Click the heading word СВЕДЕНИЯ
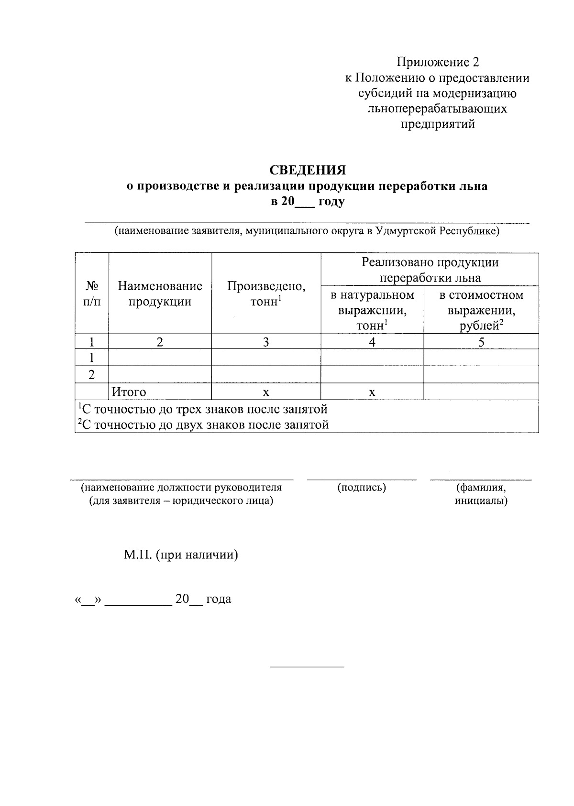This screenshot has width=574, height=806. click(x=307, y=170)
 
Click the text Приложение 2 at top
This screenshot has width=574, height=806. click(x=437, y=62)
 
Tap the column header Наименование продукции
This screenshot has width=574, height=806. click(x=160, y=294)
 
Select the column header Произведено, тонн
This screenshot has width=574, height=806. click(x=266, y=294)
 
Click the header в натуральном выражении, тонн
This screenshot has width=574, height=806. click(x=372, y=310)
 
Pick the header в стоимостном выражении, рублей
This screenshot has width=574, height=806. click(x=481, y=310)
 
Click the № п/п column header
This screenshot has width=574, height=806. click(x=92, y=294)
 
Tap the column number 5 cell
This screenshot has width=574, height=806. click(x=481, y=342)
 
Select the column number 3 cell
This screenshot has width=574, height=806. click(x=266, y=342)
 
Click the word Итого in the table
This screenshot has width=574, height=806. click(x=129, y=392)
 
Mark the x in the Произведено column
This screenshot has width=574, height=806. click(x=266, y=392)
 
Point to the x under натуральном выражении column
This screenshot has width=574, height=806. click(x=372, y=392)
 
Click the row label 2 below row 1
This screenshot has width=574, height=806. click(x=91, y=375)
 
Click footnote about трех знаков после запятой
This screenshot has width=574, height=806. click(x=203, y=409)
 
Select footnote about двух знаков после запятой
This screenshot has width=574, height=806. click(x=203, y=425)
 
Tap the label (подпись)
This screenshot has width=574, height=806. click(x=362, y=488)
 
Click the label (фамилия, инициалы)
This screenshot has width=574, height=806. click(x=481, y=494)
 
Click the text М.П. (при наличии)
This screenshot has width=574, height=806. click(x=181, y=555)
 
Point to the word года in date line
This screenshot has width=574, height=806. click(x=219, y=599)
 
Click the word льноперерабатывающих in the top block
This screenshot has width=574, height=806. click(x=437, y=109)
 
